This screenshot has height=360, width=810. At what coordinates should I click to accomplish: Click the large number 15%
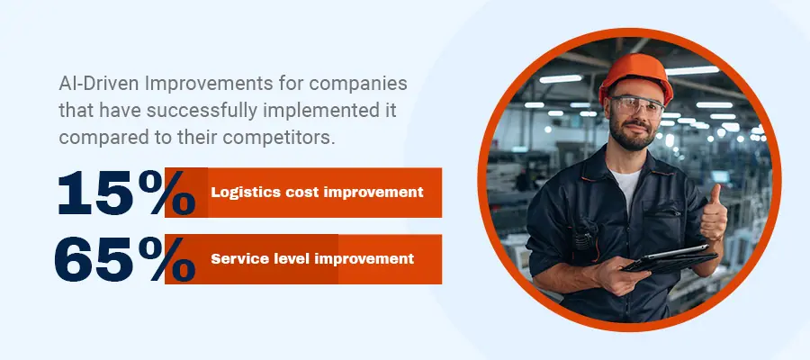pos(127,193)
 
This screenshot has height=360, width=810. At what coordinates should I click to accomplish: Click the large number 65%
pos(125,259)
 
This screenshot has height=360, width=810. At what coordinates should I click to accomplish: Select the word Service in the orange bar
pos(232,259)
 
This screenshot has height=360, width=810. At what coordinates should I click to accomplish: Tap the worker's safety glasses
pos(635,106)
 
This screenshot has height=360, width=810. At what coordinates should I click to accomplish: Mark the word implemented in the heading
pos(323,111)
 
